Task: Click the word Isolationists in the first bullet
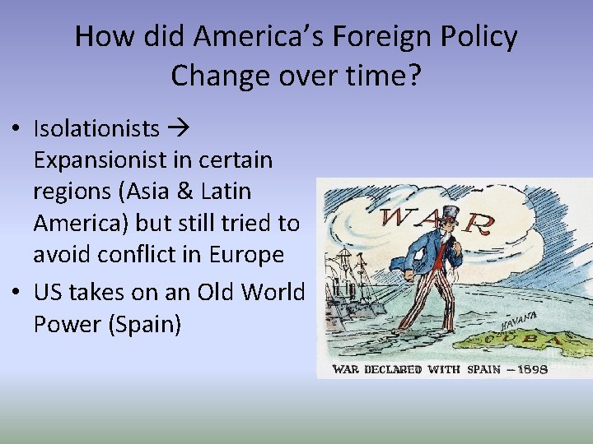coord(96,128)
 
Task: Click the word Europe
coord(245,255)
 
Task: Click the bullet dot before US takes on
coord(18,293)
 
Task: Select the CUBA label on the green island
coord(524,338)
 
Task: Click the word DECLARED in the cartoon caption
coord(400,369)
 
